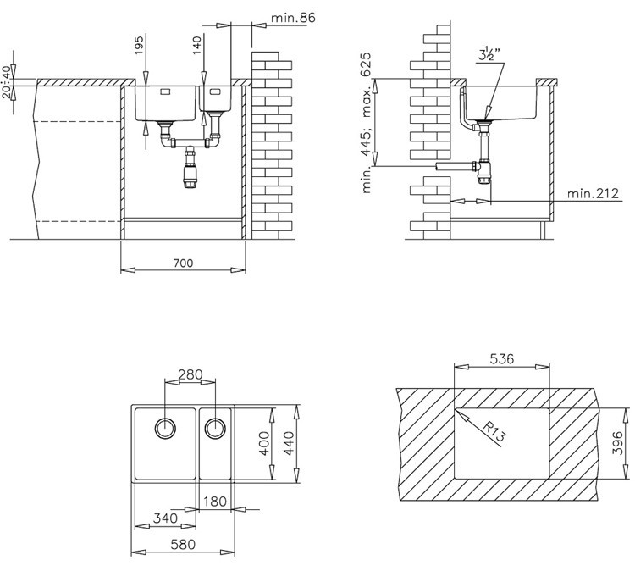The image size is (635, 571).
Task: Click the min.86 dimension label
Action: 293,18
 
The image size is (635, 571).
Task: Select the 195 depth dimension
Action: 139,46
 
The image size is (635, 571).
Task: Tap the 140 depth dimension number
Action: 196,46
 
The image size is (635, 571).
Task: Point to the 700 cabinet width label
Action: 184,263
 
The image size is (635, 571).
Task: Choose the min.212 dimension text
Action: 593,193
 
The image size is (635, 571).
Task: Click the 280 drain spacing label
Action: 190,374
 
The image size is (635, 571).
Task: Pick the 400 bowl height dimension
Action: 264,443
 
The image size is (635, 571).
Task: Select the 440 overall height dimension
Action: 289,443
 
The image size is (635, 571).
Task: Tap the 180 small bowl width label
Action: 214,502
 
